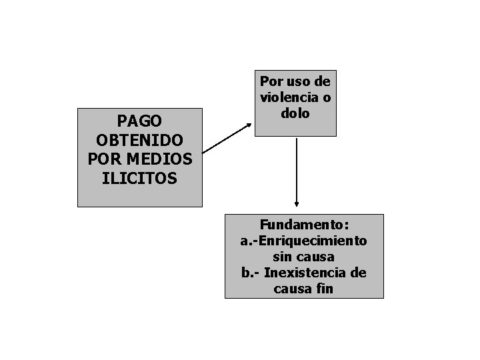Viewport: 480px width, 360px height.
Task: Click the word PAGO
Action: click(139, 121)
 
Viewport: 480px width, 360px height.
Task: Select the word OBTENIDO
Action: click(139, 141)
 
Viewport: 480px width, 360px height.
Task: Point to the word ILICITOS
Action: click(139, 179)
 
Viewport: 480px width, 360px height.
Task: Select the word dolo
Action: click(296, 113)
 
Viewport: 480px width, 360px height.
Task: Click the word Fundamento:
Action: click(303, 225)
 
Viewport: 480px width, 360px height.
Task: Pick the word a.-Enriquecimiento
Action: click(303, 241)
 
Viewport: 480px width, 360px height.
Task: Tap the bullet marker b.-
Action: click(251, 273)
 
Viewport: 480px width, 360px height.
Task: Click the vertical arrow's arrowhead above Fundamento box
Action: click(297, 204)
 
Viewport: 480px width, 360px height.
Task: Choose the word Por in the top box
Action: click(271, 81)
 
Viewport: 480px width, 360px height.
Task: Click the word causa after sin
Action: click(315, 257)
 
